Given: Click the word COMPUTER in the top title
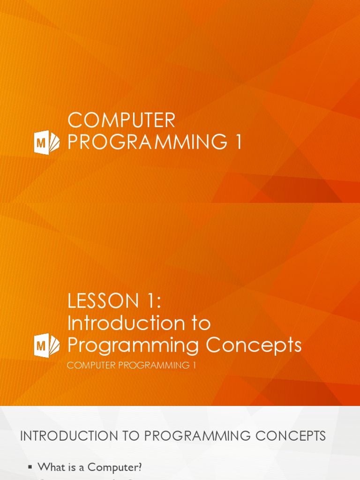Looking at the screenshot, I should (x=121, y=120).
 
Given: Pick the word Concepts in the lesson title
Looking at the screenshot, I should (x=254, y=345).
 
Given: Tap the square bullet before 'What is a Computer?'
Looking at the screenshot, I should (x=30, y=467).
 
